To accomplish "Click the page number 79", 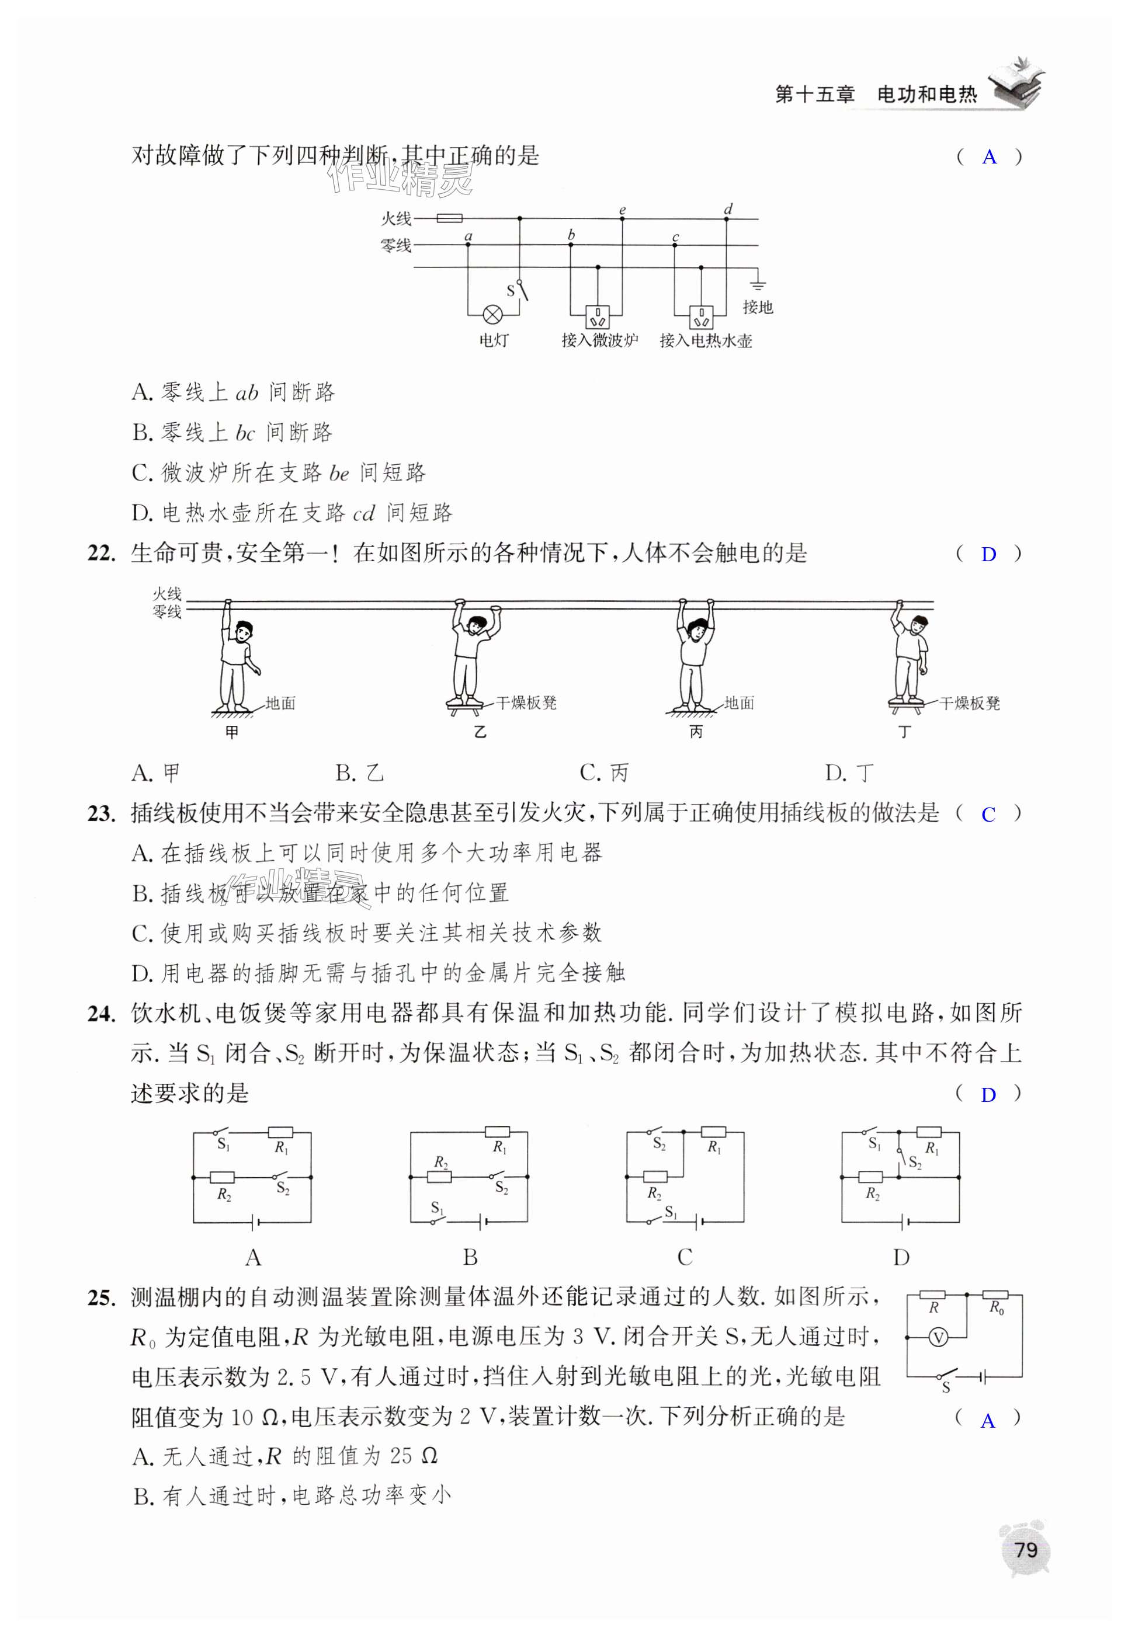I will tap(1026, 1550).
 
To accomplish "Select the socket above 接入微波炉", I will tap(598, 314).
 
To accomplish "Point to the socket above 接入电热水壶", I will tap(700, 314).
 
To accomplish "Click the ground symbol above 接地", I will tap(758, 285).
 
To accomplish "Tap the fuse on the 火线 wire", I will tap(449, 218).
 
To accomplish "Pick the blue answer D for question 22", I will tap(988, 555).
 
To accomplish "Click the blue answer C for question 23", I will tap(988, 815).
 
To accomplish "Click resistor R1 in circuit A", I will tap(280, 1133).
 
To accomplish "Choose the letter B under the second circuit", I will tap(470, 1257).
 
